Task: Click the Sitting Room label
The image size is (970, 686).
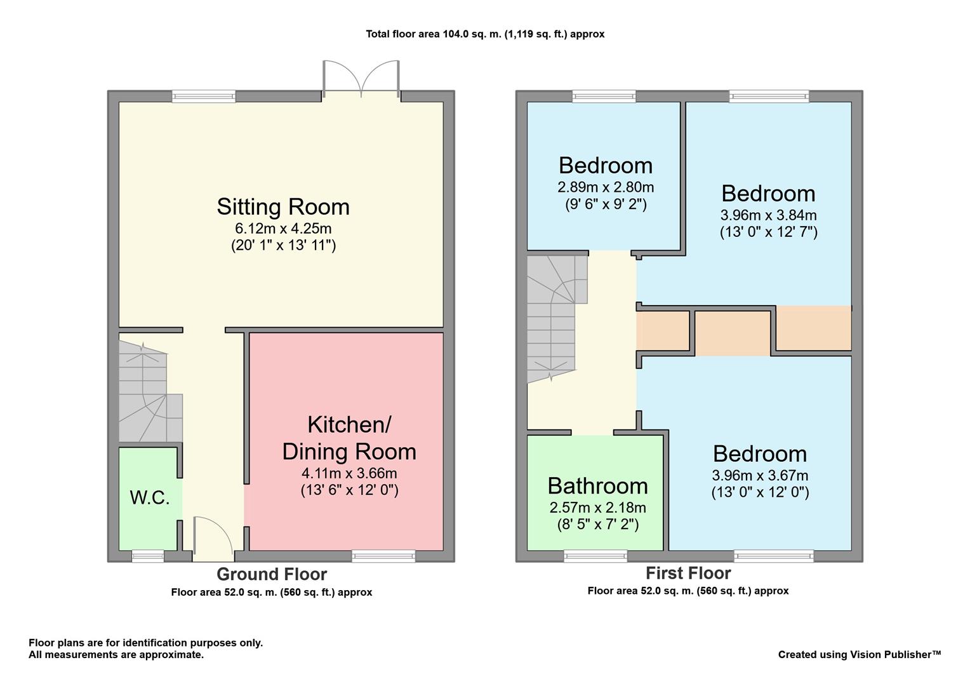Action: [x=283, y=206]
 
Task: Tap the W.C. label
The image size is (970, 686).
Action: [x=150, y=498]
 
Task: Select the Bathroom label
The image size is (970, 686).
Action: [x=597, y=486]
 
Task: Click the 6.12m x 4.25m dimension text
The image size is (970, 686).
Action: [x=283, y=228]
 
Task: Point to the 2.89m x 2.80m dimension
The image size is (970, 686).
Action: [x=606, y=187]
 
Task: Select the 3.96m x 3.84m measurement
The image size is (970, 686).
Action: [x=769, y=215]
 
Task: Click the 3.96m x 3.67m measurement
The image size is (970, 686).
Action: [x=760, y=475]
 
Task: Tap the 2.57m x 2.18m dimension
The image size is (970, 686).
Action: [x=597, y=508]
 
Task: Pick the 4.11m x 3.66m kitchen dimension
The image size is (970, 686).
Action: [x=349, y=473]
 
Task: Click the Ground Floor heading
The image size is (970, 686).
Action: [x=272, y=574]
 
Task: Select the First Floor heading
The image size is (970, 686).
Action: [x=689, y=573]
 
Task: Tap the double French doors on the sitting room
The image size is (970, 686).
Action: [x=361, y=79]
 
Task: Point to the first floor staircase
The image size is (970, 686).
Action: [x=557, y=319]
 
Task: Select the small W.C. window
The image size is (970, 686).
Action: [x=148, y=556]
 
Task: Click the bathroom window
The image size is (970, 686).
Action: [x=595, y=556]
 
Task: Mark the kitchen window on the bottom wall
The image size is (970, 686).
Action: [x=383, y=556]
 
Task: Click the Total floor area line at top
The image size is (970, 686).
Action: [x=485, y=34]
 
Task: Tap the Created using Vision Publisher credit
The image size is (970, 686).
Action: [x=860, y=654]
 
